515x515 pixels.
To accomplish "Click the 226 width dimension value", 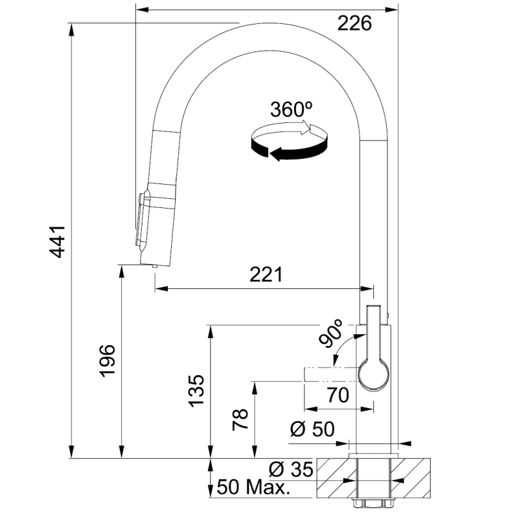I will (x=355, y=24).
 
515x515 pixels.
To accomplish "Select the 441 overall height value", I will (x=59, y=241).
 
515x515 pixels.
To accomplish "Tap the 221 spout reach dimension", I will (x=267, y=275).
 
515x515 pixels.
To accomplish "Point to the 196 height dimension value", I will (x=108, y=360).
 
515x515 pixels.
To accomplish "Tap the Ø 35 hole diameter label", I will (x=291, y=470).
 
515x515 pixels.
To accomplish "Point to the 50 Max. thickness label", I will (x=252, y=487).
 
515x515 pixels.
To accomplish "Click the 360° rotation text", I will (x=292, y=109).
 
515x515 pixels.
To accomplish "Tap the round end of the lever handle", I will (x=373, y=375).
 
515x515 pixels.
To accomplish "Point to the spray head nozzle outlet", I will (x=154, y=265).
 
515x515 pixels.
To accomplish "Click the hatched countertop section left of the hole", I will (x=332, y=480).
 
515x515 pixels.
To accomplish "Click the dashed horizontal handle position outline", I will (x=328, y=375).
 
